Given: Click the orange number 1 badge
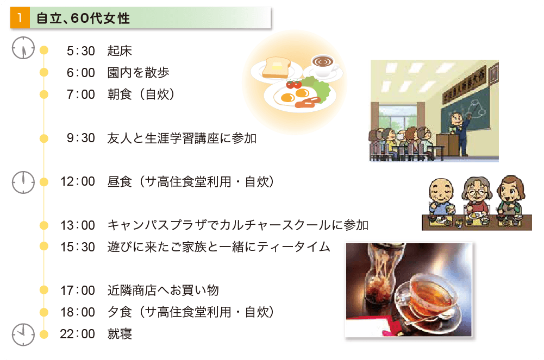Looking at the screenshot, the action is [20, 18].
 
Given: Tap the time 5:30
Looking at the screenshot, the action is [81, 51].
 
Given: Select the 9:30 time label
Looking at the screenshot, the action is [81, 138].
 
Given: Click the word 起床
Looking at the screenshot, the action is [120, 51].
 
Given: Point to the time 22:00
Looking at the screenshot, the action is [77, 334].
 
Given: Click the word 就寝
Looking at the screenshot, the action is [120, 334].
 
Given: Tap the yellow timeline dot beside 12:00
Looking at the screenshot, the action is [43, 182].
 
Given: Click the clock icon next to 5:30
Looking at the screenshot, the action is [23, 48].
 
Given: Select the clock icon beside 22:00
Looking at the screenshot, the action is [23, 334].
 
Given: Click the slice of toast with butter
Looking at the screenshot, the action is [276, 67].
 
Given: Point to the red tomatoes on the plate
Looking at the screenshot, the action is [294, 84].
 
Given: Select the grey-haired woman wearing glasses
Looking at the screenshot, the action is [477, 195].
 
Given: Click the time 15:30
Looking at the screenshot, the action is [77, 247].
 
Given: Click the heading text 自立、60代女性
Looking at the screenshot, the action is [83, 18].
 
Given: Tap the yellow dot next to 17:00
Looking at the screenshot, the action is [43, 290].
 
